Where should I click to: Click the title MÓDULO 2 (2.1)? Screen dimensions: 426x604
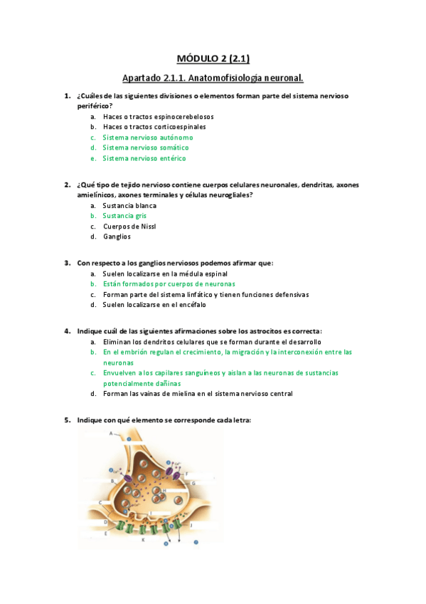click(x=213, y=58)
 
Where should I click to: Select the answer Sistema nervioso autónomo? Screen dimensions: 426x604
click(x=147, y=137)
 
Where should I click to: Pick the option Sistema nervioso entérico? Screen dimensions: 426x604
click(x=144, y=158)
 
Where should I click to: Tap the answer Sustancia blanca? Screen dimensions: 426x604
click(x=129, y=205)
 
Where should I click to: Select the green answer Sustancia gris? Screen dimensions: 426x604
click(x=124, y=216)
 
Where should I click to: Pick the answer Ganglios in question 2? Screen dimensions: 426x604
click(x=117, y=236)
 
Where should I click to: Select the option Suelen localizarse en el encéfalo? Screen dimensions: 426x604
click(x=154, y=305)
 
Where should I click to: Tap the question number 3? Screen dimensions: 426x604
click(x=67, y=263)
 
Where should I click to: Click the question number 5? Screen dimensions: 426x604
click(x=67, y=420)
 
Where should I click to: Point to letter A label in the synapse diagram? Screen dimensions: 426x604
click(x=110, y=433)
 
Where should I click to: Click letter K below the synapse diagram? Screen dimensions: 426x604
click(x=143, y=540)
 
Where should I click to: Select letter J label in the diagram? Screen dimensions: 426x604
click(x=191, y=524)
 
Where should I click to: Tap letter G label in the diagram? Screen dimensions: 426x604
click(x=193, y=482)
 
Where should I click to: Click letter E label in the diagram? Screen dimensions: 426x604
click(x=105, y=531)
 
